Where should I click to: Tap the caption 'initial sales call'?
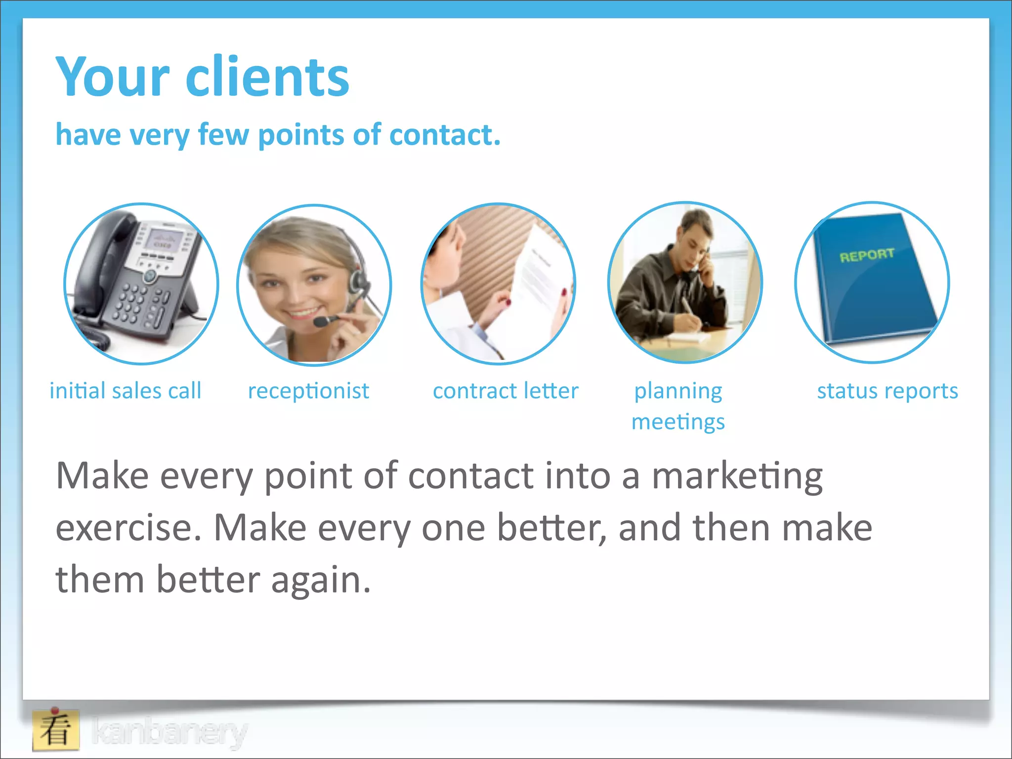pos(126,391)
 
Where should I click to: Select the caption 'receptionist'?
pos(308,391)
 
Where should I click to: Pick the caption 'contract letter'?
pos(506,391)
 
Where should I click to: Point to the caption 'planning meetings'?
pos(678,406)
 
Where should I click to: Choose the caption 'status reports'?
pos(887,391)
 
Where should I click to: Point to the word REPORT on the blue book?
pos(867,255)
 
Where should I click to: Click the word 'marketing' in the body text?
pos(737,476)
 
